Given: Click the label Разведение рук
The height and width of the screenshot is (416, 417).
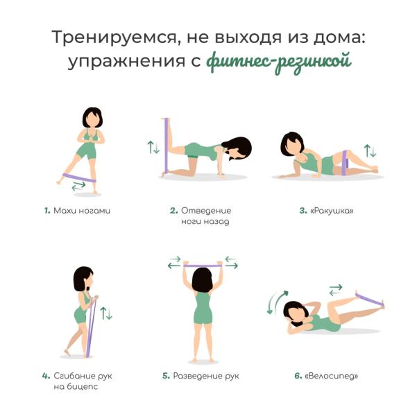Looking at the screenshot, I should (x=205, y=376).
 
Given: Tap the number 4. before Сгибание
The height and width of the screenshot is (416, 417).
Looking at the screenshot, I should (x=46, y=376).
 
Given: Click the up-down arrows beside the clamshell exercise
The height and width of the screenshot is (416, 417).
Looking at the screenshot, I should (x=370, y=150).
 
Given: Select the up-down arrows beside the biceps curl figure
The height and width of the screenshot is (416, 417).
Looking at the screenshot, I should (x=106, y=313).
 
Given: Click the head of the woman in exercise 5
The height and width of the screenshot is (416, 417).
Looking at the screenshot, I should (x=203, y=280).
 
